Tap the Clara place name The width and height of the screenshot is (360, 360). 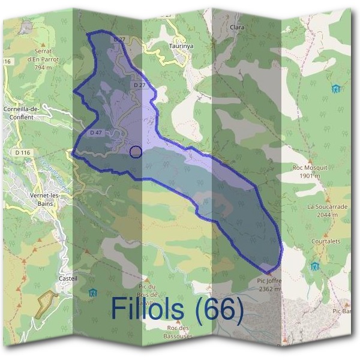(238, 28)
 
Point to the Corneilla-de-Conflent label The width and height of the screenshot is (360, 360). (22, 113)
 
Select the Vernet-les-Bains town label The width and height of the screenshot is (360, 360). (44, 199)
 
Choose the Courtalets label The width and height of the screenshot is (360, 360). (326, 241)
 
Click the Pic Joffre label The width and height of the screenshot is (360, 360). (268, 280)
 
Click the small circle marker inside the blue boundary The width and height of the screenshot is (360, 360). (136, 152)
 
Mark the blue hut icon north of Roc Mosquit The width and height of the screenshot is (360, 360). (335, 89)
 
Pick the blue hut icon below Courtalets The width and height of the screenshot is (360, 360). (314, 266)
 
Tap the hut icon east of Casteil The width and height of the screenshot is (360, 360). (92, 292)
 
